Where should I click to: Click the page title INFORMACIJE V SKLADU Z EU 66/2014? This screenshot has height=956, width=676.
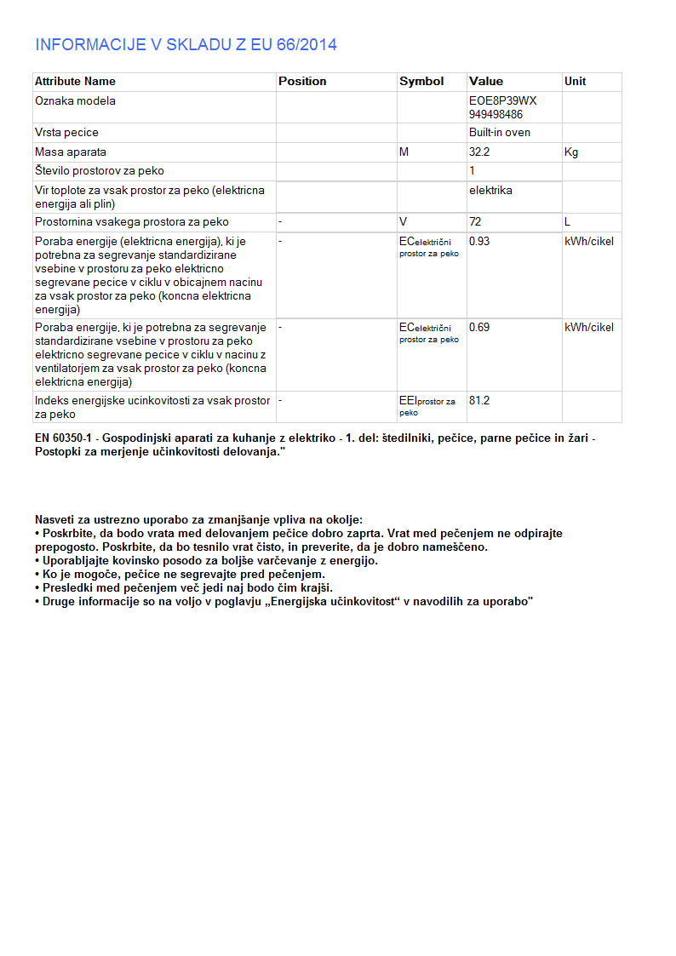[x=186, y=45]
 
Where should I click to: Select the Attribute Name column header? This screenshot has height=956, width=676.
[x=75, y=82]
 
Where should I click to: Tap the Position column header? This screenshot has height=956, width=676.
[x=302, y=82]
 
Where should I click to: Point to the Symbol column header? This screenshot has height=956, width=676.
[x=421, y=82]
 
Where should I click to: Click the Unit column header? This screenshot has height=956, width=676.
[x=575, y=82]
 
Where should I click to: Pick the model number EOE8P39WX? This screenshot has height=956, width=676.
[x=503, y=101]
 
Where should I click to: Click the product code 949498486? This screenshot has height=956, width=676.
[x=496, y=113]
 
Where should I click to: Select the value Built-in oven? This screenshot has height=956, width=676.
[x=500, y=133]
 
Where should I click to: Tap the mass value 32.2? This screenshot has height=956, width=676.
[x=479, y=152]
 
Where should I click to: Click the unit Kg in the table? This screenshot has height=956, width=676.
[x=571, y=152]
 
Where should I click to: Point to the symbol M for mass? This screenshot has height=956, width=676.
[x=404, y=152]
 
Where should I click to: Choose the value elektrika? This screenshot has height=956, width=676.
[x=490, y=191]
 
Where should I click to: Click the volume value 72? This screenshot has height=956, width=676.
[x=475, y=222]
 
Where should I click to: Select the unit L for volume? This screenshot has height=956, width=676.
[x=567, y=222]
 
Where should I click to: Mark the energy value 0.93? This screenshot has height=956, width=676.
[x=479, y=242]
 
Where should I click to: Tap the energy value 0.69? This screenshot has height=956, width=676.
[x=479, y=328]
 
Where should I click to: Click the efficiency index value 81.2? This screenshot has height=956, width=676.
[x=479, y=401]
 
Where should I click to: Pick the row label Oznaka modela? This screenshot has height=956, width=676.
[x=75, y=101]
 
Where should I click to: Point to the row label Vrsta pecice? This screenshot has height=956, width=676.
[x=66, y=133]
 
